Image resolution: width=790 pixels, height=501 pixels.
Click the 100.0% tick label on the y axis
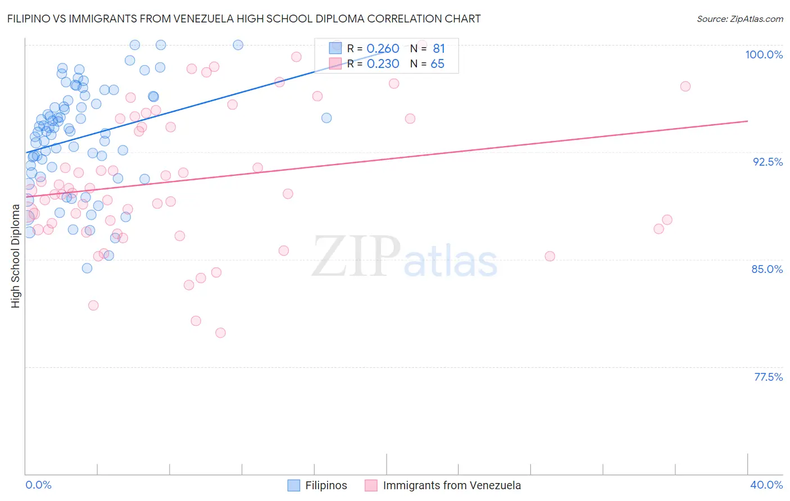[x=764, y=54]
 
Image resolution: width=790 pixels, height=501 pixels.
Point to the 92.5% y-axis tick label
[x=768, y=162]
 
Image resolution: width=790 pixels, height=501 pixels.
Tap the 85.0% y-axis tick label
[x=767, y=269]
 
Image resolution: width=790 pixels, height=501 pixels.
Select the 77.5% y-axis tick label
[x=768, y=377]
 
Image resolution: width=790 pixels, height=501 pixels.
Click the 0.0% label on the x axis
[x=38, y=485]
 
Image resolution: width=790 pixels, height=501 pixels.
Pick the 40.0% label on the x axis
[x=766, y=485]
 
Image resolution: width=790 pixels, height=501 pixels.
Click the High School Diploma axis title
[x=16, y=256]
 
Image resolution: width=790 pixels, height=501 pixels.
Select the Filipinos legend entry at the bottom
[x=317, y=485]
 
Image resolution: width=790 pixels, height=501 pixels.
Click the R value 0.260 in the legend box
[x=383, y=49]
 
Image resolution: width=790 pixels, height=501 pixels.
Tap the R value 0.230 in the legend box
[x=383, y=64]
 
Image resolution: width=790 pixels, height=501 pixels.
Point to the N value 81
[x=438, y=49]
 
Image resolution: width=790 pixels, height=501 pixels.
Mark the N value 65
[x=437, y=64]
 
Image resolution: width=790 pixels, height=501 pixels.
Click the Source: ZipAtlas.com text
[x=739, y=19]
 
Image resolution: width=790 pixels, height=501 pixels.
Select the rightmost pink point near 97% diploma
[x=685, y=86]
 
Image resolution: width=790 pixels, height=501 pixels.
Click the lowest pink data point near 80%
[x=220, y=333]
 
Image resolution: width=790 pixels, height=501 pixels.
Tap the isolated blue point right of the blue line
[x=326, y=118]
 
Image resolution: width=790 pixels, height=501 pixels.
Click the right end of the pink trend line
[x=747, y=121]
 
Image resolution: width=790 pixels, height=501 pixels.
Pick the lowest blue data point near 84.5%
[x=87, y=268]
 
